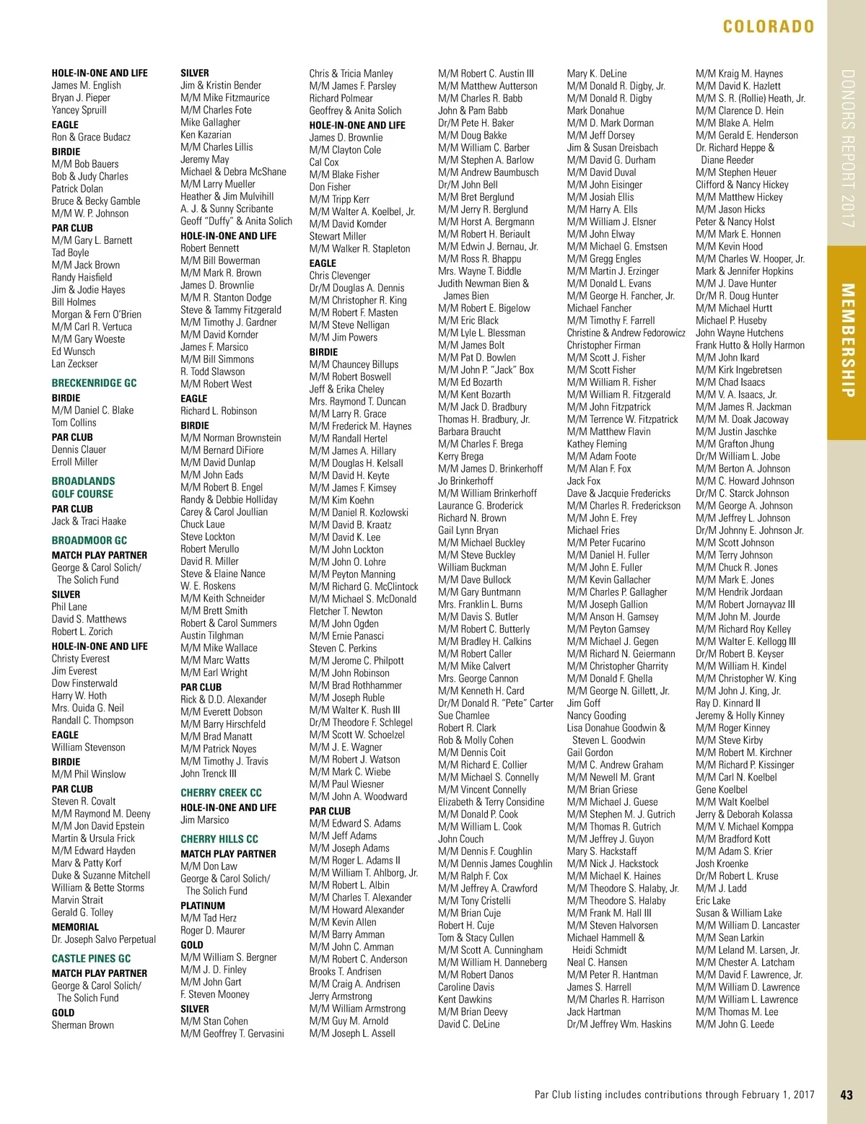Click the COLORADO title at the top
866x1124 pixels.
click(x=768, y=27)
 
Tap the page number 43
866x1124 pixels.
click(x=847, y=1094)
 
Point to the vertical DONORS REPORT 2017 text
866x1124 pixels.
click(x=847, y=149)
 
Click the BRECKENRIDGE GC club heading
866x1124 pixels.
click(x=94, y=383)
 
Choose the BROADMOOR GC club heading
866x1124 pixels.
click(x=89, y=540)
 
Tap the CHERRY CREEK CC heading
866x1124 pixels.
click(x=221, y=793)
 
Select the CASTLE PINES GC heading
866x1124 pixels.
click(x=91, y=959)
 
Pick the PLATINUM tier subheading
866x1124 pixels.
click(x=203, y=905)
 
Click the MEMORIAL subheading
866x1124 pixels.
click(x=75, y=927)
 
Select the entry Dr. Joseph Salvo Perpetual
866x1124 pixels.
click(x=103, y=939)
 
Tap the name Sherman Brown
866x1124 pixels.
click(x=82, y=1024)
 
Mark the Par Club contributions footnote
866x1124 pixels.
click(x=674, y=1094)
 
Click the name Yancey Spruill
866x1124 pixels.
click(x=79, y=110)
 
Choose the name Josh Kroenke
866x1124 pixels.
click(x=722, y=864)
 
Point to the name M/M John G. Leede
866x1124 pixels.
click(x=735, y=1024)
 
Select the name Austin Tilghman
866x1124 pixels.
click(x=211, y=636)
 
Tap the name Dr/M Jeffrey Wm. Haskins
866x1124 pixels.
click(x=619, y=1024)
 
